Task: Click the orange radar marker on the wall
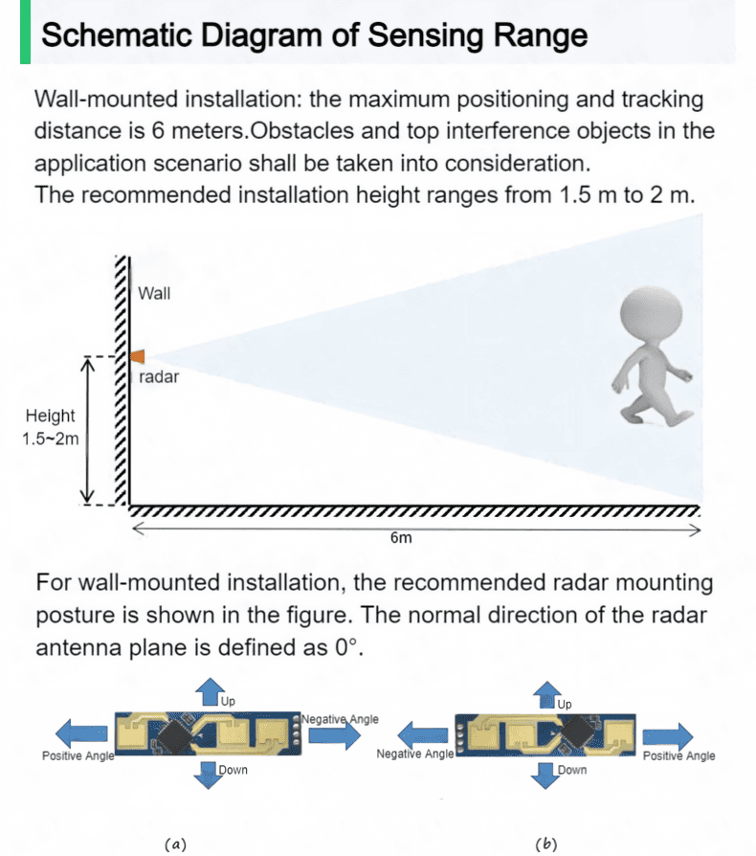click(138, 356)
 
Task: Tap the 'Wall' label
click(154, 294)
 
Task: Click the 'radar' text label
click(159, 376)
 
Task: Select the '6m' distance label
click(401, 538)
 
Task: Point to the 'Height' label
click(50, 416)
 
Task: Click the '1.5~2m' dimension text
click(50, 439)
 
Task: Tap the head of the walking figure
click(652, 314)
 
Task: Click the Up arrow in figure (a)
click(210, 692)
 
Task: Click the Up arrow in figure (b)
click(547, 695)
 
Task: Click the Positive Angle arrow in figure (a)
click(81, 732)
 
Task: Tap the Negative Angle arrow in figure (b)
click(423, 734)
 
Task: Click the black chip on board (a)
click(175, 735)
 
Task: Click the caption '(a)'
click(175, 844)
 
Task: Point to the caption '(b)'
click(546, 844)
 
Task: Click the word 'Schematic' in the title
click(117, 34)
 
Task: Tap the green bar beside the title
click(25, 32)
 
